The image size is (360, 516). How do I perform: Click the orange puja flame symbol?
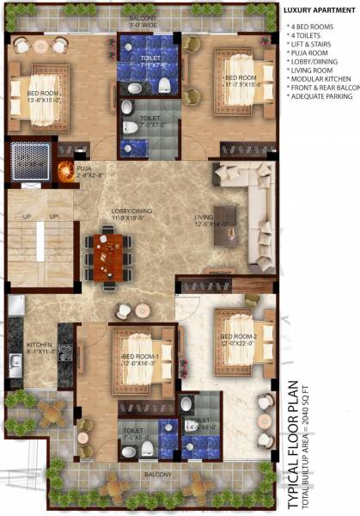coord(64,172)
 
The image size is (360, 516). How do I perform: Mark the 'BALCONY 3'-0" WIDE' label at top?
coord(144,21)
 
